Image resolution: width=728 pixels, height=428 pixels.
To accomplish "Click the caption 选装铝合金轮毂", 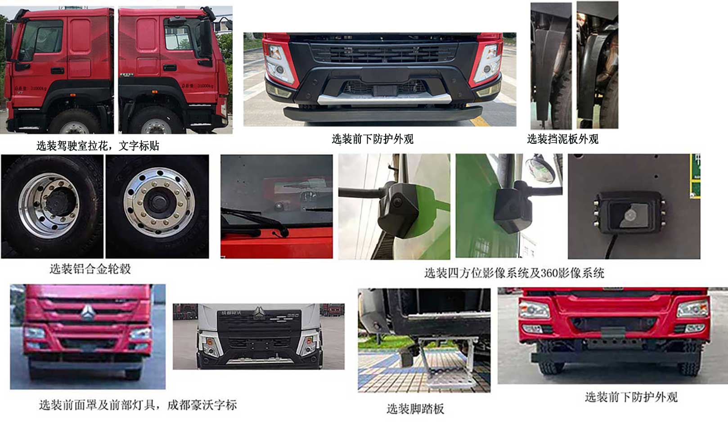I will coord(90,269).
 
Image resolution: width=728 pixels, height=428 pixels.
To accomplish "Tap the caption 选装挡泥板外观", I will coord(562,139).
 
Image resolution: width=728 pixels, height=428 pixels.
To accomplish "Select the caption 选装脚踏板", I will coord(415,408).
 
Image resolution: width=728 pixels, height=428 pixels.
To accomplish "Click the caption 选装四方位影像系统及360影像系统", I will coord(514,273).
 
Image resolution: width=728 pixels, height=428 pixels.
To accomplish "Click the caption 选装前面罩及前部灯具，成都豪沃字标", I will coord(138,405).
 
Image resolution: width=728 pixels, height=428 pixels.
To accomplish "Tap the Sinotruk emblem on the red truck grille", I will coord(87,313).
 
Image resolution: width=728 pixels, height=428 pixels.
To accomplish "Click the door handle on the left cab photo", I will coord(57,71).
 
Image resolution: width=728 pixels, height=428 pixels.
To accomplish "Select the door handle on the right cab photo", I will coord(170,68).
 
